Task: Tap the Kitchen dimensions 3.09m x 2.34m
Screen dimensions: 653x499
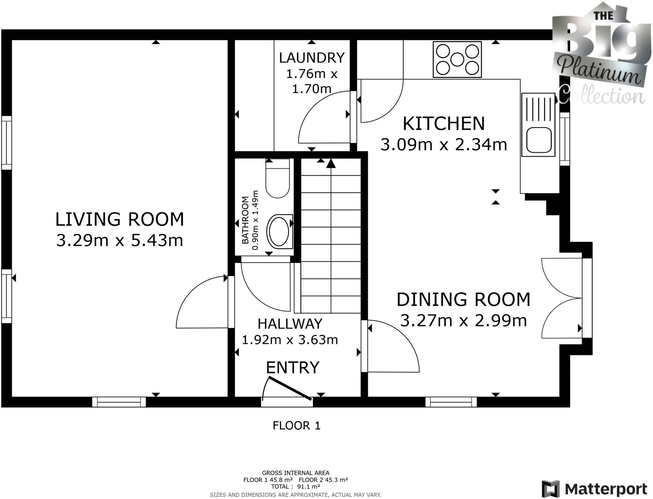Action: tap(444, 145)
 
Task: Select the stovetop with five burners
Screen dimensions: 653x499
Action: tap(457, 59)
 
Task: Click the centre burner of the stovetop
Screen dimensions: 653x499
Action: tap(457, 59)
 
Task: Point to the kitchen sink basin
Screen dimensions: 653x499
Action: tap(539, 140)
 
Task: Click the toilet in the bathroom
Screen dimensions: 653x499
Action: tap(277, 178)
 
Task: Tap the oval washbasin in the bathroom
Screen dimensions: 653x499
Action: tap(279, 232)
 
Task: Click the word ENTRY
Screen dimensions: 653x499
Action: tap(292, 367)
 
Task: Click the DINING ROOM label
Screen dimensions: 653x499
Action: tap(463, 299)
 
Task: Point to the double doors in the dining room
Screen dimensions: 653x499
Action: tap(562, 298)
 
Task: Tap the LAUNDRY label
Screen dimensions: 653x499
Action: tap(312, 58)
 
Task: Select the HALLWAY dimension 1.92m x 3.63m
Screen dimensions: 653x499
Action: tap(290, 339)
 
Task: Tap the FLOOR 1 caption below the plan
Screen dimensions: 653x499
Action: tap(297, 425)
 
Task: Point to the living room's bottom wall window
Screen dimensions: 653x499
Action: tap(119, 402)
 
